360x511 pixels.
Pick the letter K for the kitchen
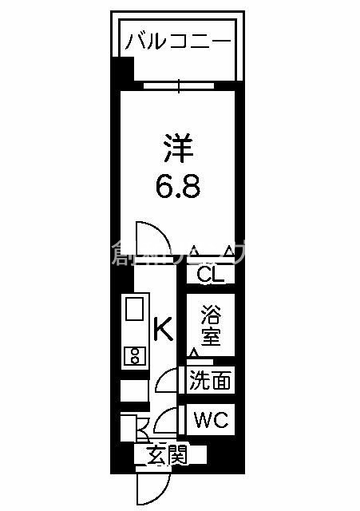[163, 328]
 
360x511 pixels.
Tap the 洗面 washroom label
[211, 381]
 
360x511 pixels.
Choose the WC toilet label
[211, 419]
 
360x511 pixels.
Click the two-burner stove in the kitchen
[134, 355]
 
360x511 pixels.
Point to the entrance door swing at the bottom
[152, 487]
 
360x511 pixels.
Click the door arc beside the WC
[168, 421]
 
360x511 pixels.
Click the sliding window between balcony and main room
[179, 84]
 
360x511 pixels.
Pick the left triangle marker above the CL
[193, 252]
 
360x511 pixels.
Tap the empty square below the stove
[134, 391]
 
